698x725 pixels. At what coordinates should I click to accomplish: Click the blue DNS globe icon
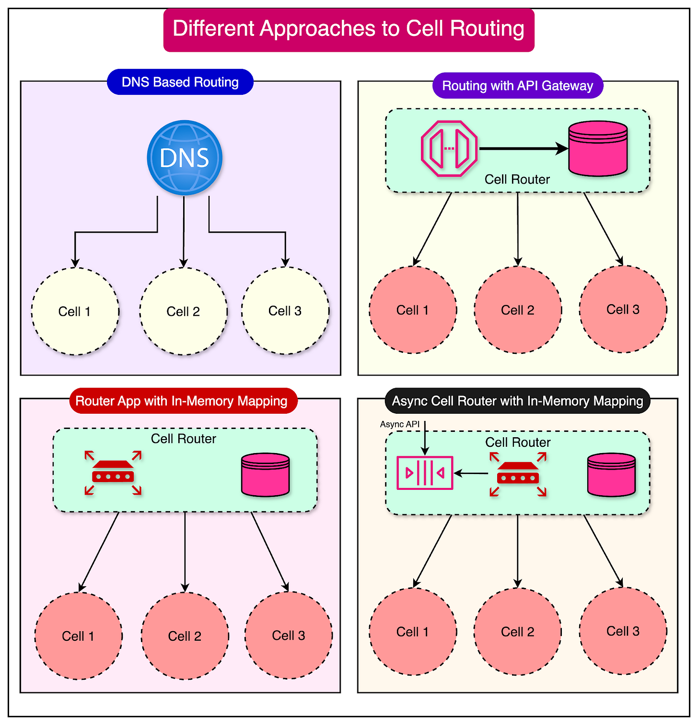pos(184,158)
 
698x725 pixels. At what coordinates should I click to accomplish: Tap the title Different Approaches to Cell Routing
pos(349,29)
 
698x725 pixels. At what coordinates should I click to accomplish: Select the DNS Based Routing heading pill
pos(180,82)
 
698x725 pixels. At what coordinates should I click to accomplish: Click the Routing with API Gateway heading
pos(517,86)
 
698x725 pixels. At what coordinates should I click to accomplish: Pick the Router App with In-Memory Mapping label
pos(183,401)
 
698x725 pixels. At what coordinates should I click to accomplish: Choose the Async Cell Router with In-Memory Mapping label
pos(517,401)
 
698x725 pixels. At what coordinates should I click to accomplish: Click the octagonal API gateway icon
pos(449,148)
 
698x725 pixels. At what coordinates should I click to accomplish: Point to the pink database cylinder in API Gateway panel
pos(597,148)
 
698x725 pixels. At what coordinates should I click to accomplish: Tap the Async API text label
pos(399,424)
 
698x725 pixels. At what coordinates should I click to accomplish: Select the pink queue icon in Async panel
pos(425,473)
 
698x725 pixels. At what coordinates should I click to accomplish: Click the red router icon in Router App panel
pos(113,473)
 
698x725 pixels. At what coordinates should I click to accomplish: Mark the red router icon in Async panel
pos(518,474)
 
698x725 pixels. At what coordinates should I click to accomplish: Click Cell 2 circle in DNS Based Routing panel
pos(183,311)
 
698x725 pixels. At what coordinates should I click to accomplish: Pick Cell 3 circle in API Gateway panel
pos(623,309)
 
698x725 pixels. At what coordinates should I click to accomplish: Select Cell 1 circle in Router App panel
pos(78,636)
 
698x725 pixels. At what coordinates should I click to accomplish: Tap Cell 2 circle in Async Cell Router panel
pos(517,632)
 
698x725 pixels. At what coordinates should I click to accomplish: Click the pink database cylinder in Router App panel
pos(265,475)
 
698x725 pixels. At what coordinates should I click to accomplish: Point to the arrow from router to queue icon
pos(471,474)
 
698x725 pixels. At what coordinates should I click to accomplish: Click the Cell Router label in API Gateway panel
pos(517,180)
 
